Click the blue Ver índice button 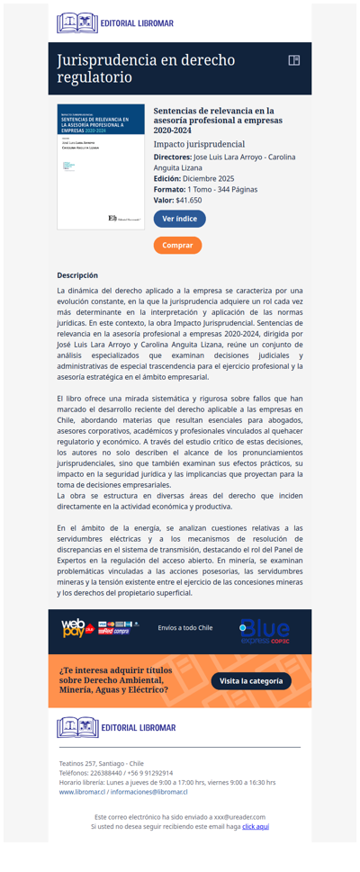[x=179, y=219]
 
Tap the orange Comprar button [x=177, y=245]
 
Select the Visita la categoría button [x=251, y=681]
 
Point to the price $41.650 [x=189, y=200]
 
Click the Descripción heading [x=77, y=275]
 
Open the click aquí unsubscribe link [x=256, y=825]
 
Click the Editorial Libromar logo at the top [x=115, y=23]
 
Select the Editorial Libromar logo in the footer [x=115, y=727]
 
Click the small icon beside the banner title [x=293, y=60]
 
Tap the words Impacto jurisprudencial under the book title [x=199, y=144]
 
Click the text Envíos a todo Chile [x=184, y=627]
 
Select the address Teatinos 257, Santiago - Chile [x=101, y=763]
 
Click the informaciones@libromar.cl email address [x=148, y=792]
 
